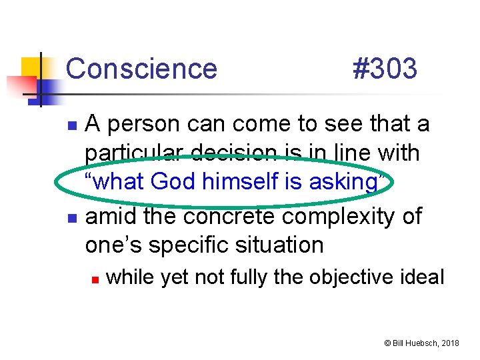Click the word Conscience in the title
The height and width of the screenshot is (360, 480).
141,69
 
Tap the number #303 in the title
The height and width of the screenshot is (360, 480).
384,69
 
